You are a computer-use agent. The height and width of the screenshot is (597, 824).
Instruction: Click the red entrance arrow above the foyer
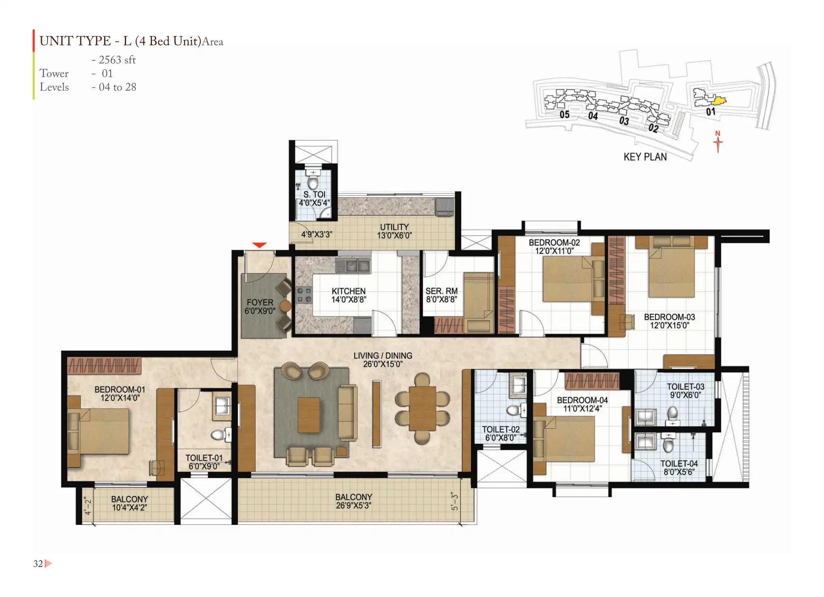pyautogui.click(x=259, y=245)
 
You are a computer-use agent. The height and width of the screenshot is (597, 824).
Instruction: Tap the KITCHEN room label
pyautogui.click(x=349, y=291)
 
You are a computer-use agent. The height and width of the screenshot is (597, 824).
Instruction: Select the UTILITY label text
pyautogui.click(x=394, y=227)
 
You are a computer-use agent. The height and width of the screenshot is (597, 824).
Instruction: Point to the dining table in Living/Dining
pyautogui.click(x=422, y=408)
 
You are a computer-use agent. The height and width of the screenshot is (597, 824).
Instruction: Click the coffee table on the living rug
pyautogui.click(x=309, y=415)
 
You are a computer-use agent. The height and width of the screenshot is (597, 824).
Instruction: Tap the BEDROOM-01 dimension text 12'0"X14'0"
pyautogui.click(x=120, y=398)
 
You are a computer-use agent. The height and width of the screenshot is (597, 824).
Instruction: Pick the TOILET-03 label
pyautogui.click(x=686, y=387)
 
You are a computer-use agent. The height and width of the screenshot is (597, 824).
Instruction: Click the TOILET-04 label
pyautogui.click(x=679, y=463)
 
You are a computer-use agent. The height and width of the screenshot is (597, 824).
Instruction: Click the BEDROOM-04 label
pyautogui.click(x=582, y=400)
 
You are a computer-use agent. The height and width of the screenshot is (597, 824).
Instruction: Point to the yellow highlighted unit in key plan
pyautogui.click(x=719, y=100)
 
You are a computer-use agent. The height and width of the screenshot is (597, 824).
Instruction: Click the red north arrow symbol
pyautogui.click(x=718, y=141)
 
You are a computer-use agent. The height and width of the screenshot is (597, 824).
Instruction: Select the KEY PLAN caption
pyautogui.click(x=645, y=157)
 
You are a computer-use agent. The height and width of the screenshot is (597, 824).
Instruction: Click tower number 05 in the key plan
pyautogui.click(x=565, y=115)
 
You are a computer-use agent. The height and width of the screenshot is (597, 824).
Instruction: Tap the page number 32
pyautogui.click(x=38, y=564)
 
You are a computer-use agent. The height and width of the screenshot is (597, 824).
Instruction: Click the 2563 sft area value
pyautogui.click(x=117, y=60)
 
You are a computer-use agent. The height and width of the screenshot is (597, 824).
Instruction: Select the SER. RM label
pyautogui.click(x=441, y=291)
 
